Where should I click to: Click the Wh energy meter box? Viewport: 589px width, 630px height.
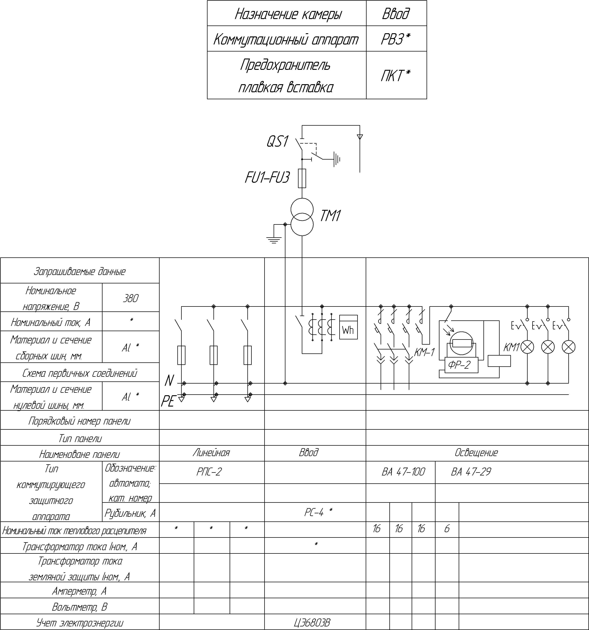(348, 327)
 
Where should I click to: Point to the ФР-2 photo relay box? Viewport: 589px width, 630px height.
(461, 365)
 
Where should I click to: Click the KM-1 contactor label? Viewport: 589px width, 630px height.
(424, 352)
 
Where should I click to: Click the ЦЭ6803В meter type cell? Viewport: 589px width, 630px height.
(312, 623)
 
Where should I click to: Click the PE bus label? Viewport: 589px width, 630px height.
(168, 402)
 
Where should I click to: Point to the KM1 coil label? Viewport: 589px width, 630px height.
(512, 348)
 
